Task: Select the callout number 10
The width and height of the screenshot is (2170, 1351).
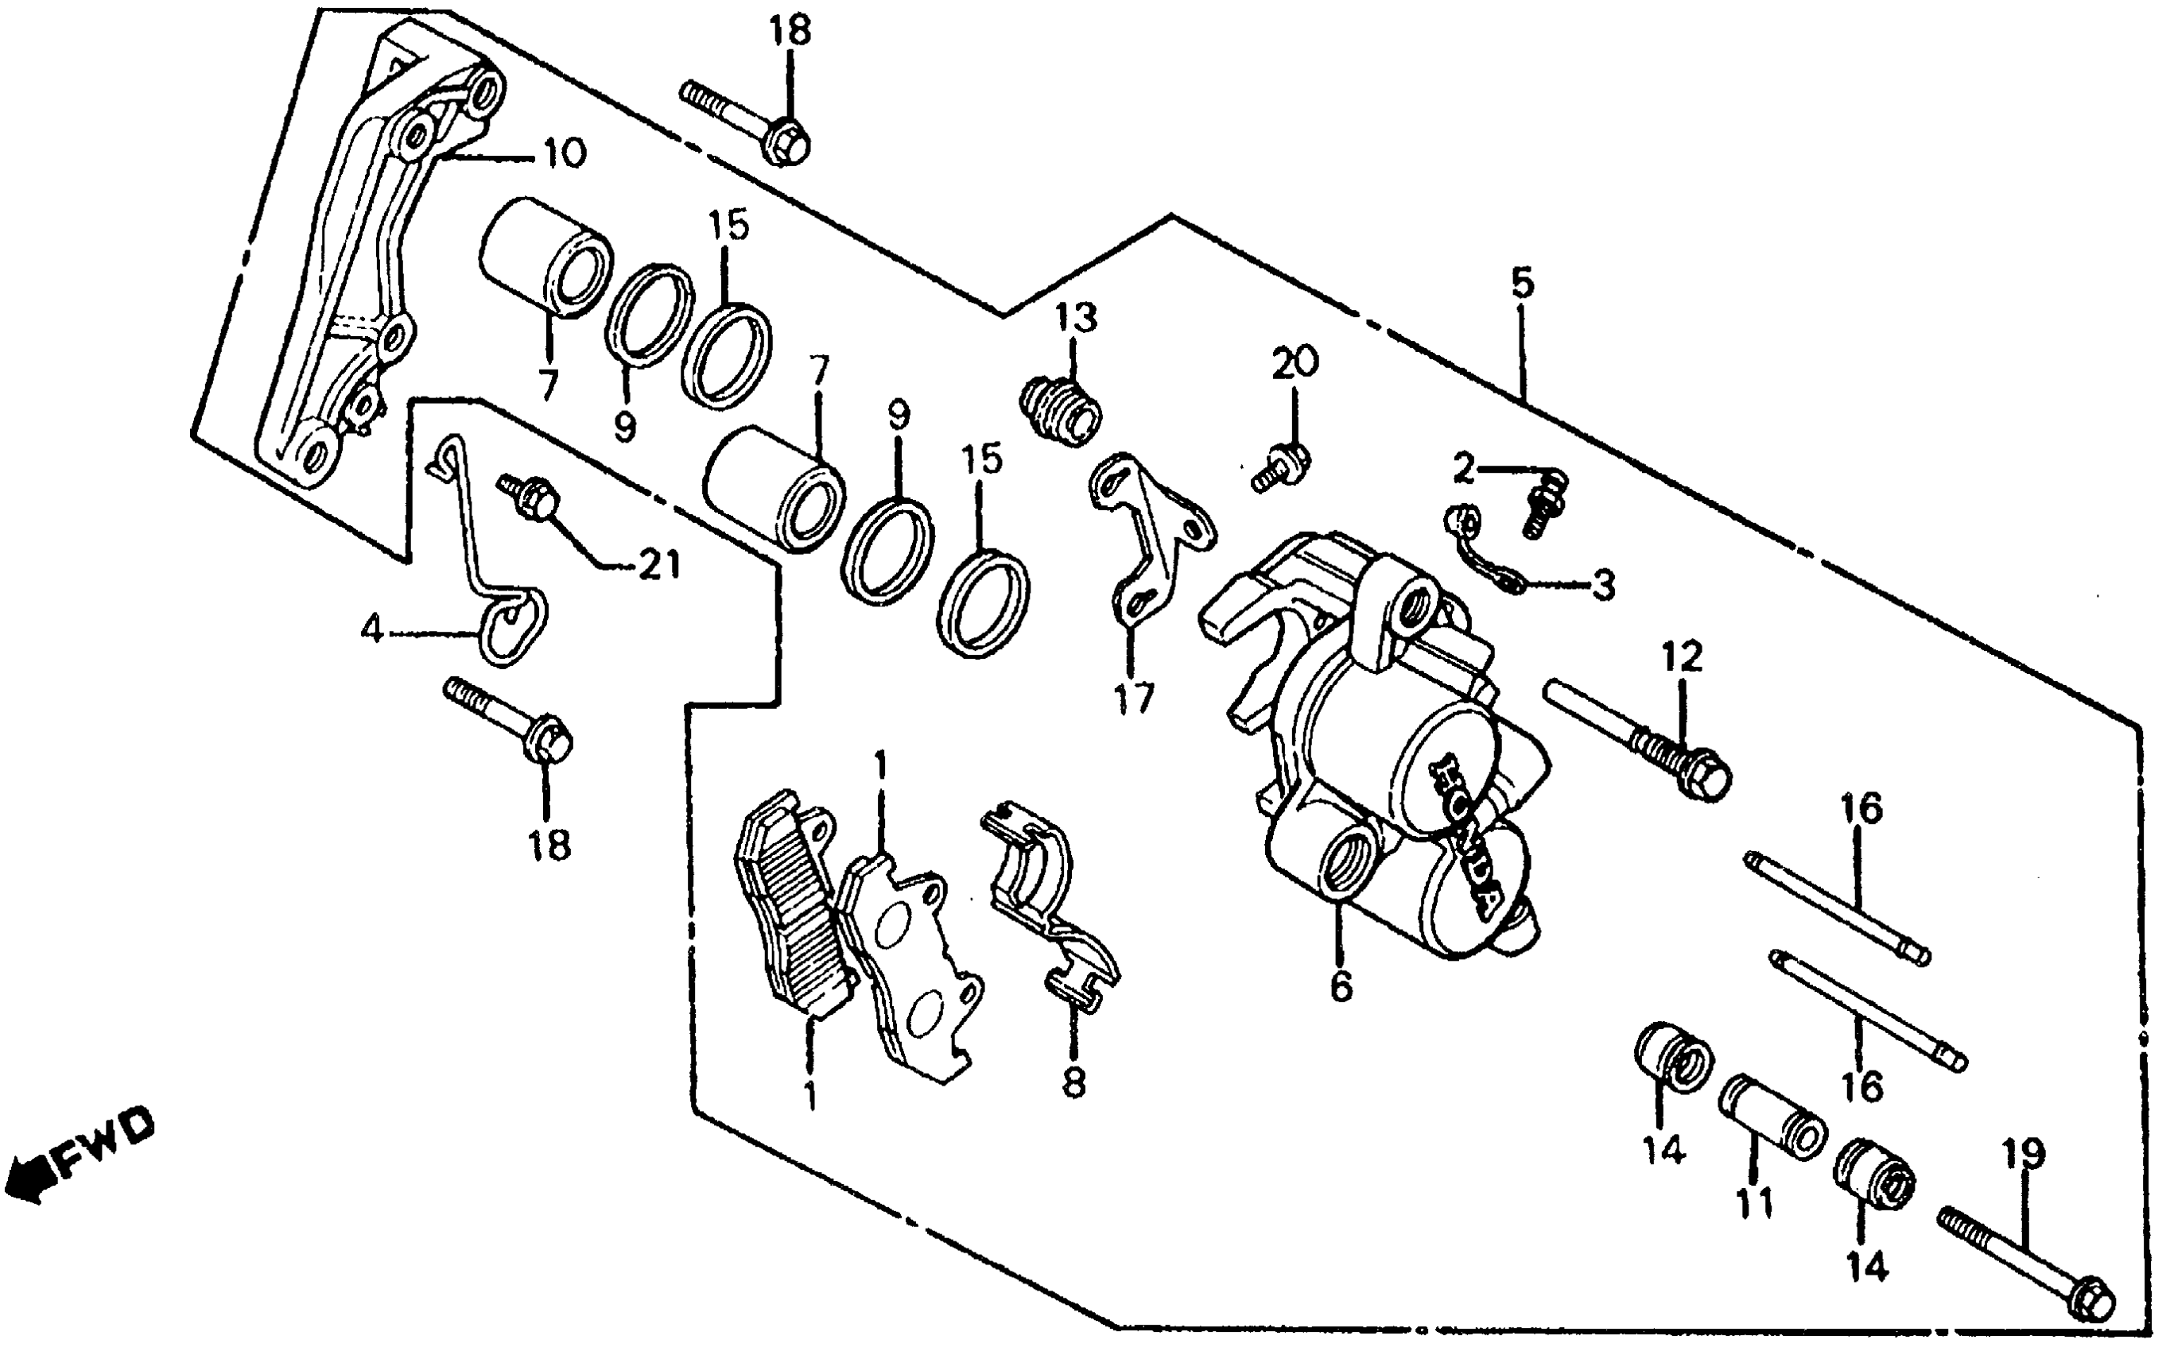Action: point(564,153)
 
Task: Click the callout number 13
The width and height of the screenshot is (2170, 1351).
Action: point(1075,317)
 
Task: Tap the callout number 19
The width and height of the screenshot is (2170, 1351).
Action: point(2024,1155)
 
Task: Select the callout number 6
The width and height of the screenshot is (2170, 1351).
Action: point(1341,986)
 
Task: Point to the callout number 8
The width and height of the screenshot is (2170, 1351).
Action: point(1073,1083)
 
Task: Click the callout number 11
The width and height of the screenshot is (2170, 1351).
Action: point(1753,1206)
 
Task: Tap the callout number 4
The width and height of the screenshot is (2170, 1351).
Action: point(373,631)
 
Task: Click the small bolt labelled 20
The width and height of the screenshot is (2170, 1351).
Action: point(1284,466)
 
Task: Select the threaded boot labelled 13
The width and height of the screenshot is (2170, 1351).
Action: point(1060,412)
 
